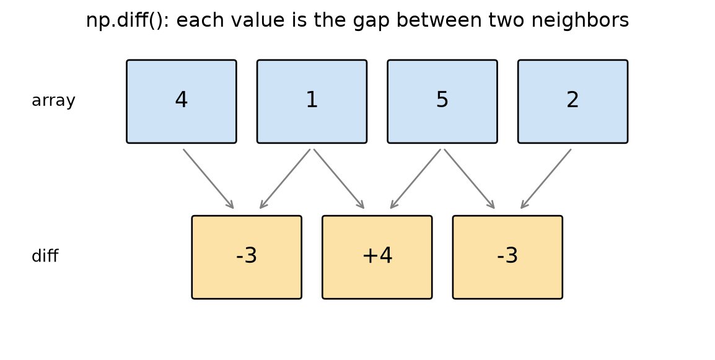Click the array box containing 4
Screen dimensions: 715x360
pyautogui.click(x=182, y=101)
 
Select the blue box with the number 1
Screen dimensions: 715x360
pyautogui.click(x=312, y=101)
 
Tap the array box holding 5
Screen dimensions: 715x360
pyautogui.click(x=442, y=101)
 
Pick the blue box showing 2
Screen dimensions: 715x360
pyautogui.click(x=572, y=101)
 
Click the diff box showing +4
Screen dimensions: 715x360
pyautogui.click(x=377, y=257)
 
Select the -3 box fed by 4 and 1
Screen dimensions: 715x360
pyautogui.click(x=247, y=257)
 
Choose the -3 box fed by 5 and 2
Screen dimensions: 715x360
pyautogui.click(x=507, y=257)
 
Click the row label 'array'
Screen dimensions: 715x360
pyautogui.click(x=53, y=100)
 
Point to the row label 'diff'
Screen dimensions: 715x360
pyautogui.click(x=45, y=256)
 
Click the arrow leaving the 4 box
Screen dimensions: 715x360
pyautogui.click(x=208, y=179)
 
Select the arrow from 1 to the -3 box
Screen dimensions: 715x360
pyautogui.click(x=285, y=179)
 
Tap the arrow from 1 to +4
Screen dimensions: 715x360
pyautogui.click(x=339, y=179)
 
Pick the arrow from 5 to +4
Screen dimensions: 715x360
pyautogui.click(x=415, y=179)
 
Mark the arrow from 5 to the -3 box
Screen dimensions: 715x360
pyautogui.click(x=469, y=179)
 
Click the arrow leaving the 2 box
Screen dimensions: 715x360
pyautogui.click(x=546, y=179)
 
